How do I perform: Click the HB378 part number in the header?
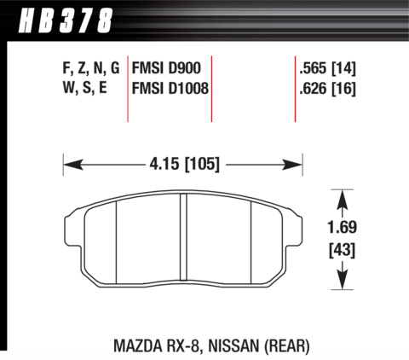[x=65, y=20]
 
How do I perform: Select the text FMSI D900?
[x=166, y=68]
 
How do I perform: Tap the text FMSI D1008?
[x=170, y=89]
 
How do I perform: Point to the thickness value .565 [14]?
[x=327, y=69]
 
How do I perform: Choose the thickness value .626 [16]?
[x=327, y=89]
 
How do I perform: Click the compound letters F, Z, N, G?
[x=91, y=69]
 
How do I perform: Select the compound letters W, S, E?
[x=85, y=88]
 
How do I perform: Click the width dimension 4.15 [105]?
[x=185, y=165]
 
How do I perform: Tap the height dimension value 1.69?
[x=342, y=227]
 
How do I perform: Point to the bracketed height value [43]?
[x=342, y=251]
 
